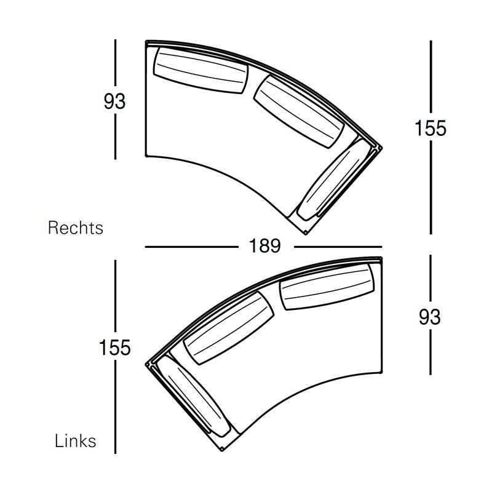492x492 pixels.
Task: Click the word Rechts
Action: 75,228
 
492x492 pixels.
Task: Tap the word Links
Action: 75,441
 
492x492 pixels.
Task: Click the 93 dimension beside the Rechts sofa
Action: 114,101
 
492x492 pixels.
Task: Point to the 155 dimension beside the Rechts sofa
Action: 430,128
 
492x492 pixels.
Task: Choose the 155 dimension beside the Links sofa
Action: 114,347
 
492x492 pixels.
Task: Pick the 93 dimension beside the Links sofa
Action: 429,317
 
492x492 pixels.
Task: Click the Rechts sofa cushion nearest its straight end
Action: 201,70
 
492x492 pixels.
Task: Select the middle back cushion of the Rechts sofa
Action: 298,111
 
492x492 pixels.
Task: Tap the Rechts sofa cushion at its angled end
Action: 333,180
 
